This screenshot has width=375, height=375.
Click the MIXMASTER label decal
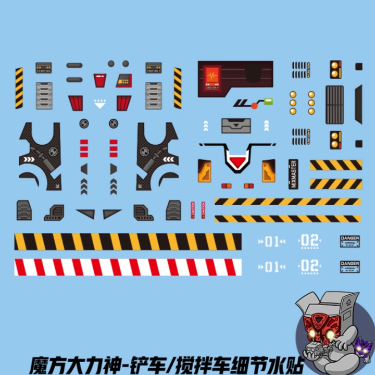point(293,174)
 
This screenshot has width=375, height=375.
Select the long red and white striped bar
point(128,267)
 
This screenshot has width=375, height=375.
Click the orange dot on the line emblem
point(254,106)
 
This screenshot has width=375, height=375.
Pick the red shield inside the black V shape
point(238,162)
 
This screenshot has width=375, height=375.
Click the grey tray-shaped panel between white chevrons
point(236,126)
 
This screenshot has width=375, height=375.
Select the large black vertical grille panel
point(334,104)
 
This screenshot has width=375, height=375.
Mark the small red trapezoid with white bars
point(100,80)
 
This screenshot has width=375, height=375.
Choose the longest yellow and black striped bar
point(128,242)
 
